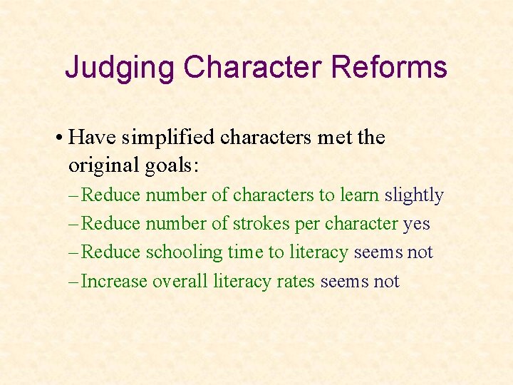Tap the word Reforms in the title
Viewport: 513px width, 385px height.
pos(389,68)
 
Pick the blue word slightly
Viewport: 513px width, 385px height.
pos(414,195)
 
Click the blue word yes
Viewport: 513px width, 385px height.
pos(417,225)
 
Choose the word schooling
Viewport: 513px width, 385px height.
pos(185,253)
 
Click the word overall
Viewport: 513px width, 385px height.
pos(181,282)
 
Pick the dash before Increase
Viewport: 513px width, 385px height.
pos(74,282)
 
